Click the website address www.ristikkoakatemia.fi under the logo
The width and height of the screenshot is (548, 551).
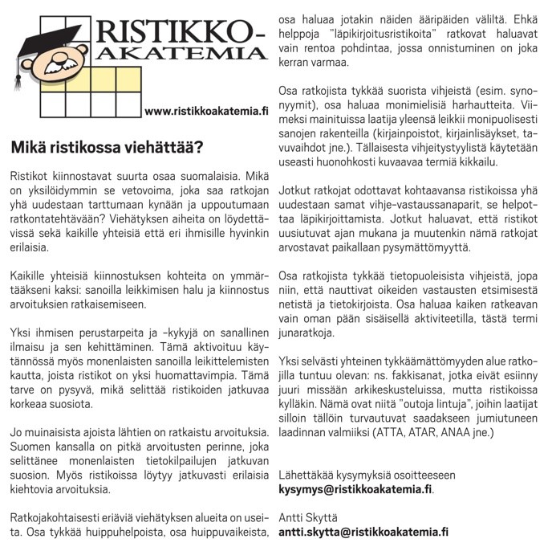(x=207, y=111)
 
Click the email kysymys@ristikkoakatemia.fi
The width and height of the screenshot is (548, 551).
(x=355, y=488)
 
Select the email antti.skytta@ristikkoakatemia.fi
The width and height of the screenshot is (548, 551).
(x=363, y=532)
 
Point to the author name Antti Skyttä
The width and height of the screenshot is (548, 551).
(x=308, y=516)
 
